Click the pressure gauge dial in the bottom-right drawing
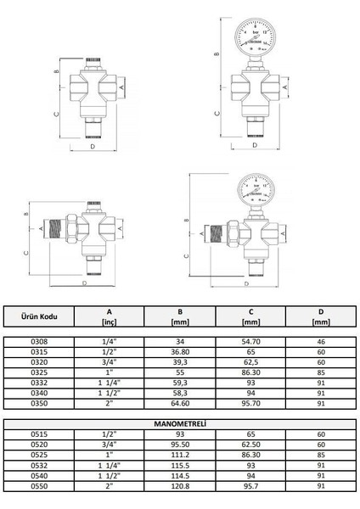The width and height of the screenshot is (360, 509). [x=255, y=193]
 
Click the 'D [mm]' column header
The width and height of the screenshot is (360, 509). [x=320, y=317]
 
